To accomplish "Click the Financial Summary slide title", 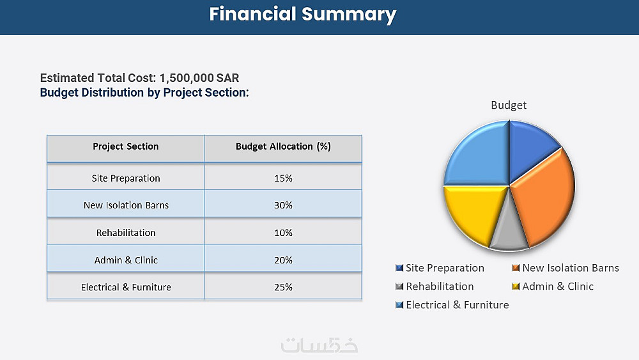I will [303, 14].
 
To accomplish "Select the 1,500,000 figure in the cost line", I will [187, 78].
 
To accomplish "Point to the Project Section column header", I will [125, 146].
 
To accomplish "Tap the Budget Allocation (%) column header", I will [283, 146].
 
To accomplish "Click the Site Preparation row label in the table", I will [125, 178].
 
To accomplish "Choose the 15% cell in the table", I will [283, 178].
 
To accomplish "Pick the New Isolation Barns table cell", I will [125, 205].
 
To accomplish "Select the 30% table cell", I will [283, 205].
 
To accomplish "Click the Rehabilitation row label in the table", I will [125, 233].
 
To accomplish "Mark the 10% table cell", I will [283, 233].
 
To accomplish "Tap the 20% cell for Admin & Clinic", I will [283, 260].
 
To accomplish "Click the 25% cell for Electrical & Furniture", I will [283, 287].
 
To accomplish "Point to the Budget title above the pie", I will [509, 105].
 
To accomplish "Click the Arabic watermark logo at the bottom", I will [319, 344].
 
